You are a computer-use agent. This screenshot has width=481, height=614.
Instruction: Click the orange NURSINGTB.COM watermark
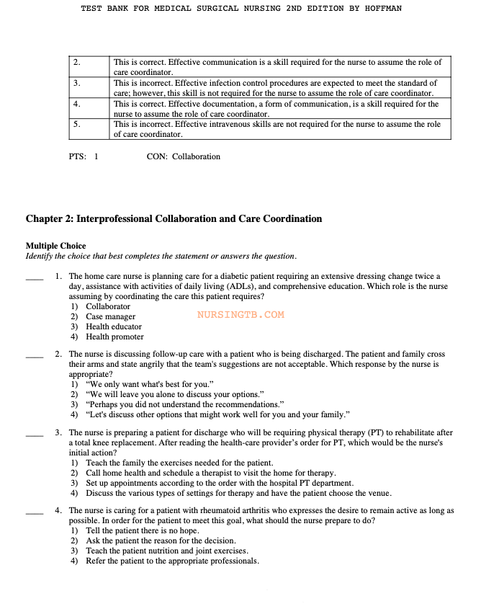(240, 315)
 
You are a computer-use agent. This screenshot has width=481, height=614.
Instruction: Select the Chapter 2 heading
(174, 219)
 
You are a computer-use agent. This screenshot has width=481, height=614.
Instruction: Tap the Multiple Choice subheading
(55, 246)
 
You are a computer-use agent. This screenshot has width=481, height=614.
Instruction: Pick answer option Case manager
(110, 316)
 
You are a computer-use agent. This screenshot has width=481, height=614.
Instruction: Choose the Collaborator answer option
(108, 306)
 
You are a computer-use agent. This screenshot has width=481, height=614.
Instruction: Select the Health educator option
(114, 326)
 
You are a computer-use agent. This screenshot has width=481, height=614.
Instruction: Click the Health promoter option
(114, 337)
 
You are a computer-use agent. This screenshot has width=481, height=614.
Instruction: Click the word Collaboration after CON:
(196, 156)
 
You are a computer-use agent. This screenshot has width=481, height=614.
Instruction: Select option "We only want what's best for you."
(149, 384)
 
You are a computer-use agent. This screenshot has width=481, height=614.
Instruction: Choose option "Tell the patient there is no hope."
(143, 530)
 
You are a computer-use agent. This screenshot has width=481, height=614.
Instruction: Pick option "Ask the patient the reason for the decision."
(161, 540)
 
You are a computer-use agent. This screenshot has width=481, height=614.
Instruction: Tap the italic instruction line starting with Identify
(161, 256)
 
